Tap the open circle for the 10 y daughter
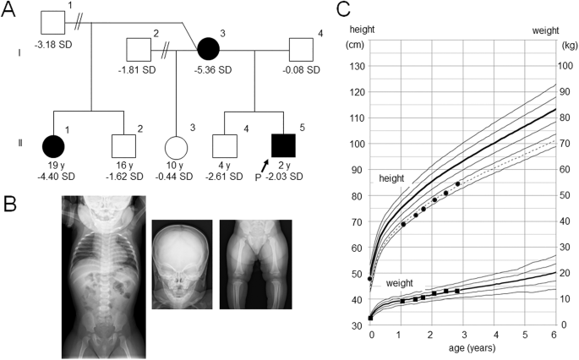click(176, 123)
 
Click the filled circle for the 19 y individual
click(54, 123)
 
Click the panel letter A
click(10, 10)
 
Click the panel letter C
click(343, 10)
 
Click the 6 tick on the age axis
click(554, 335)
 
